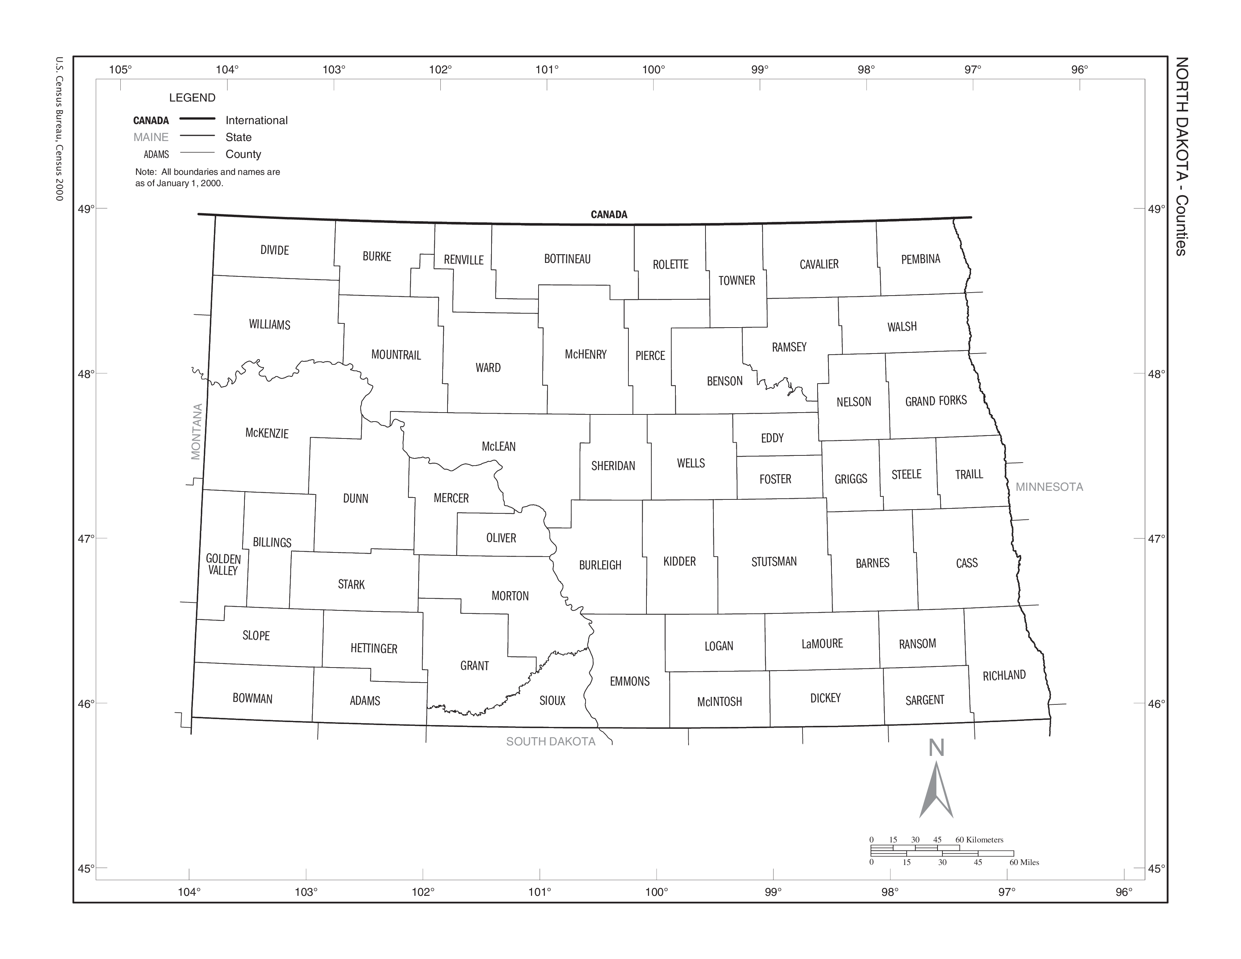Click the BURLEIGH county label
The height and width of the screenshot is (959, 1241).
point(600,565)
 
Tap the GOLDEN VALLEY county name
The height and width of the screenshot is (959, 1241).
point(223,565)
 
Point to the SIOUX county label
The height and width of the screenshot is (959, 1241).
point(552,701)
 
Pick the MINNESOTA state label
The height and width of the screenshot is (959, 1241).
point(1049,487)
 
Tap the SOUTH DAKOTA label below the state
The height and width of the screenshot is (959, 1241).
point(551,741)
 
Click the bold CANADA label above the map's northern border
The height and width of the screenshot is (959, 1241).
point(608,214)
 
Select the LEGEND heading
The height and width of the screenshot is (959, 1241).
point(192,98)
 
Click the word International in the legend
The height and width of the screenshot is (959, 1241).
point(256,120)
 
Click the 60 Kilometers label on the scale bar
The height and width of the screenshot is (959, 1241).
point(979,840)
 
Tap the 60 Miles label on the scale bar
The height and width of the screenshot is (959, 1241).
point(1024,862)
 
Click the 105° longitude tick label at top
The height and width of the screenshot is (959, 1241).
point(120,70)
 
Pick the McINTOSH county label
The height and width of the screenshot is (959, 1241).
point(719,702)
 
